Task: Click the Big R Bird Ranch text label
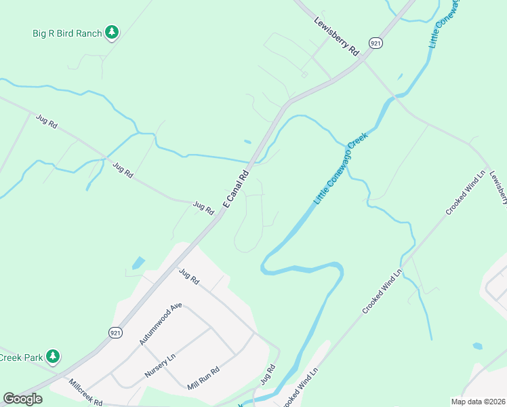click(x=67, y=33)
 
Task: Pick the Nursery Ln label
click(x=160, y=365)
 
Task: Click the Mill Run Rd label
click(x=204, y=379)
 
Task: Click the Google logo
click(x=22, y=399)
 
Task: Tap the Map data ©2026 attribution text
click(x=478, y=402)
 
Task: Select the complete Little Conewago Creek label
click(x=341, y=169)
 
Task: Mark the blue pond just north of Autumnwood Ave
click(x=139, y=262)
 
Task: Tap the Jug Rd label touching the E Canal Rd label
click(x=204, y=207)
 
